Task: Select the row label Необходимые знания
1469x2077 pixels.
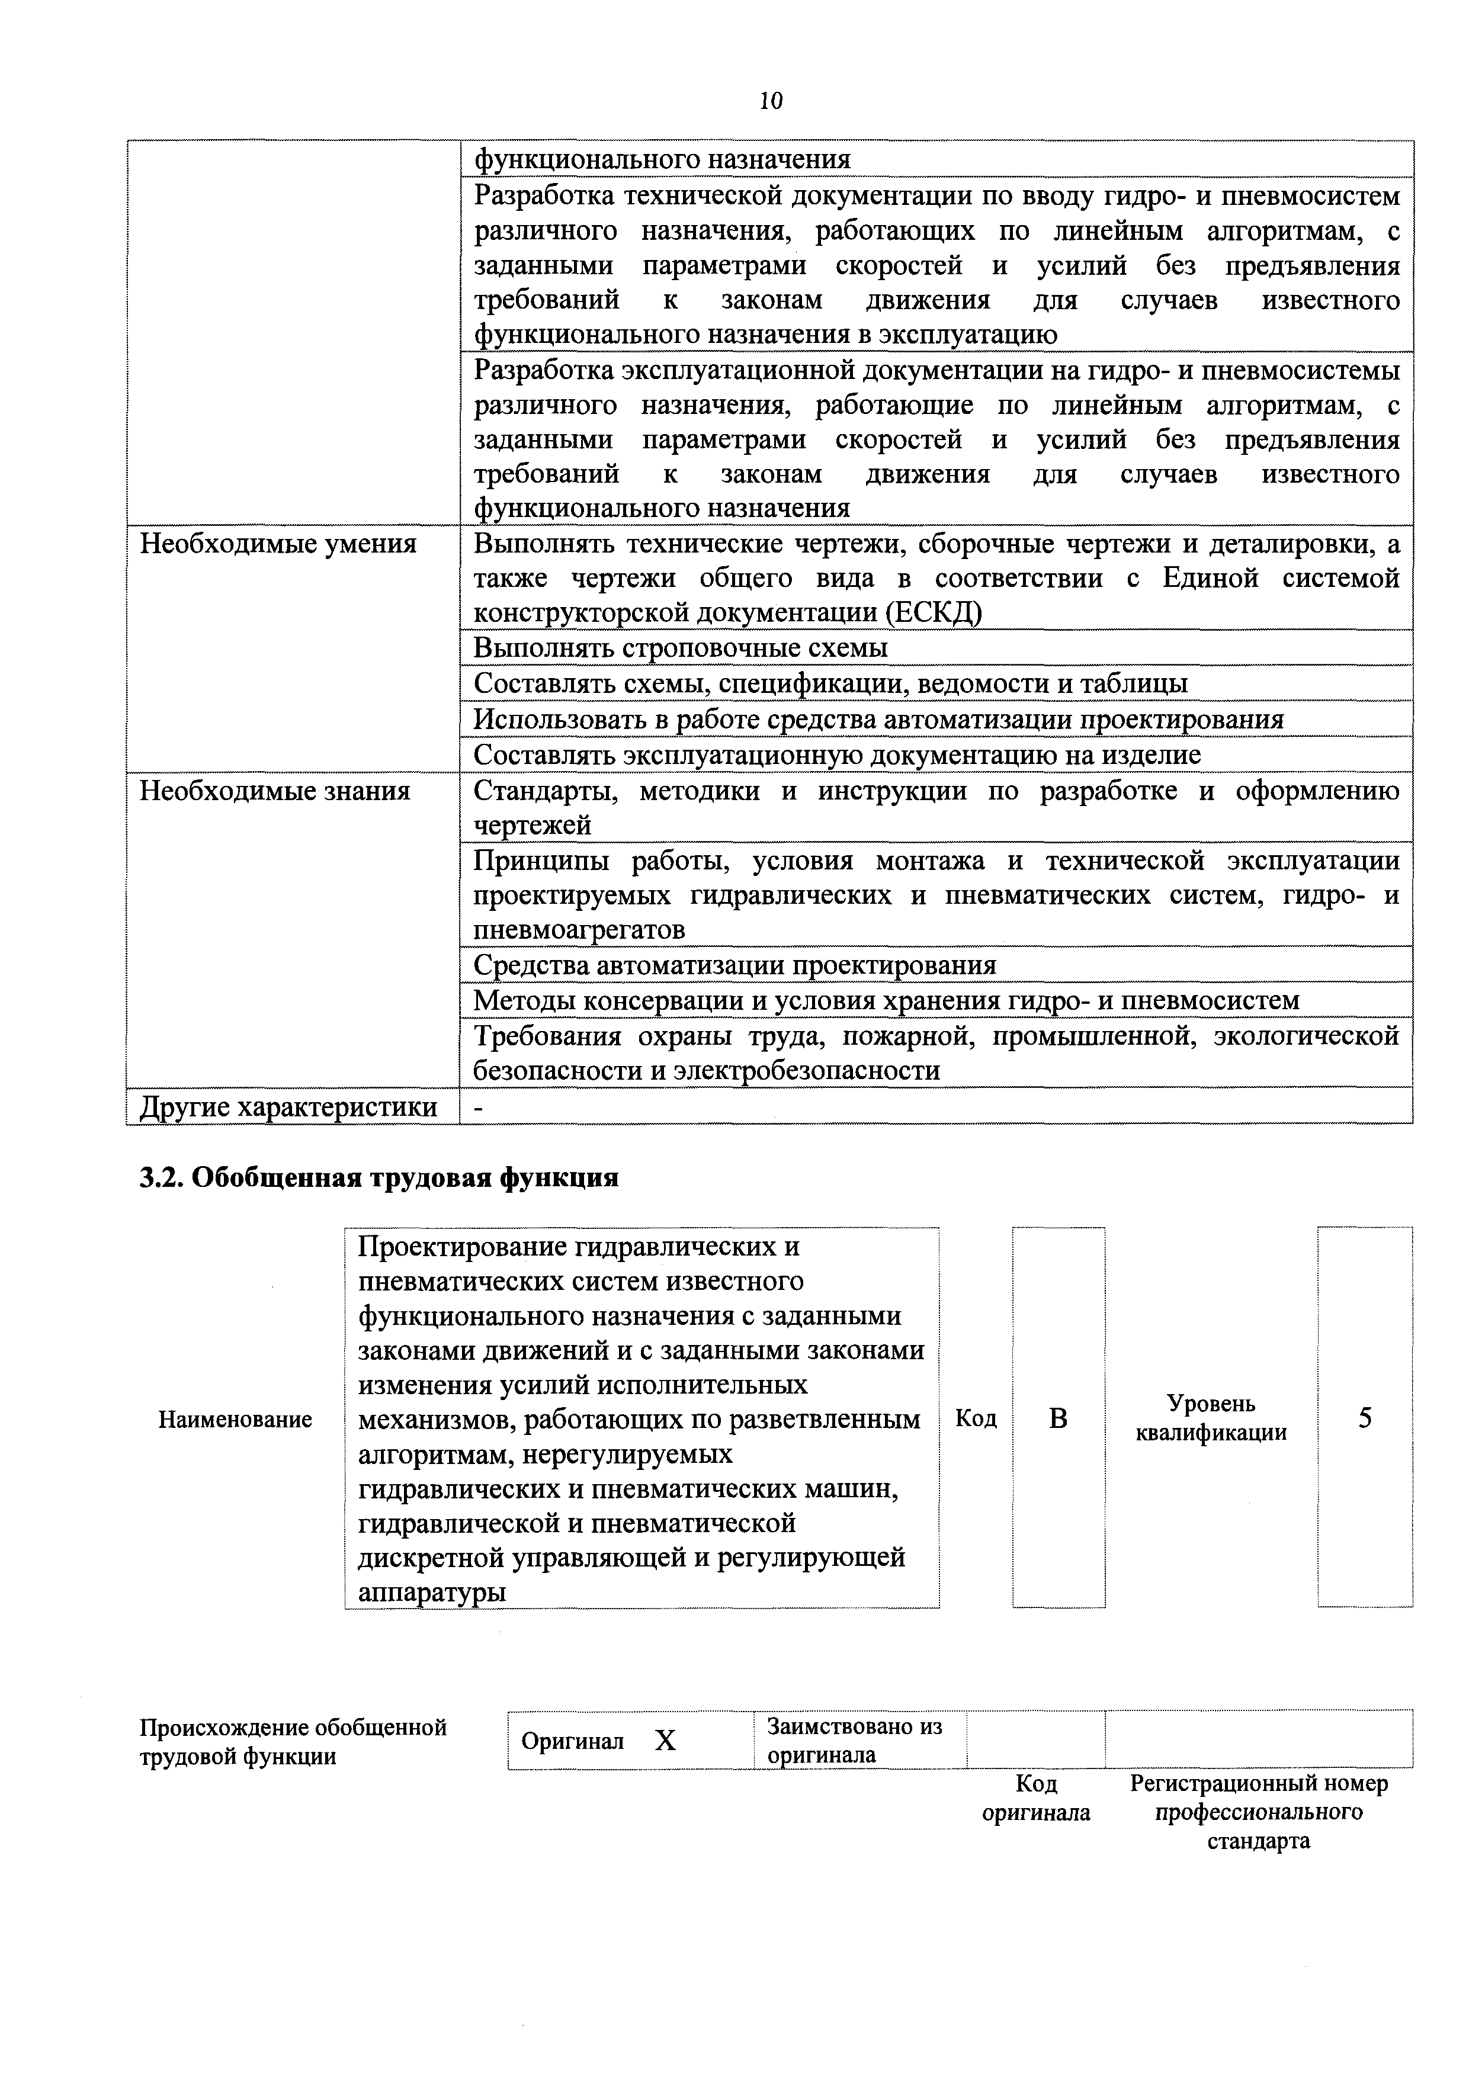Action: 274,792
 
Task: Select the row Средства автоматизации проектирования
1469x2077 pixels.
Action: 734,965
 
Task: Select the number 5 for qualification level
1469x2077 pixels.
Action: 1364,1417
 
